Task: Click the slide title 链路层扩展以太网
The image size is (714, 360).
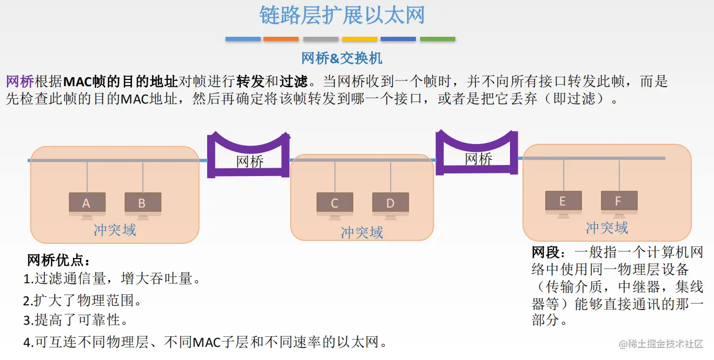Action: [342, 16]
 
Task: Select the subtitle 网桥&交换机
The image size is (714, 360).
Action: [342, 58]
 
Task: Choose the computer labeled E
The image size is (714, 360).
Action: [563, 202]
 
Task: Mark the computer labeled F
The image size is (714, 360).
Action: [619, 202]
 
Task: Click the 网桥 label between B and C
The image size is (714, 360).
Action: [250, 161]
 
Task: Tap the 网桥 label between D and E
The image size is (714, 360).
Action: [478, 159]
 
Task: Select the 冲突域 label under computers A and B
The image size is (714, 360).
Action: [115, 230]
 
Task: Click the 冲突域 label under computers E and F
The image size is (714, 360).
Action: [607, 228]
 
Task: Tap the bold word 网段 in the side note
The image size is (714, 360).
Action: [545, 253]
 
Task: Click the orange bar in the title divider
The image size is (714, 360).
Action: [281, 39]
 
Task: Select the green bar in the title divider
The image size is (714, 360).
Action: [437, 39]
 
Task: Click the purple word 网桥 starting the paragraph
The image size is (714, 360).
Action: [20, 81]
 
